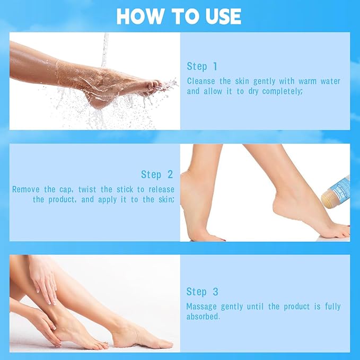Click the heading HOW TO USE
179,16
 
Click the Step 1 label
202,66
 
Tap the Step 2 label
157,174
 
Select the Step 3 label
202,292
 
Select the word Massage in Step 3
201,306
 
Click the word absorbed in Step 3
204,317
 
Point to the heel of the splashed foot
98,101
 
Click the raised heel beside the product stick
313,204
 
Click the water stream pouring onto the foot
105,48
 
